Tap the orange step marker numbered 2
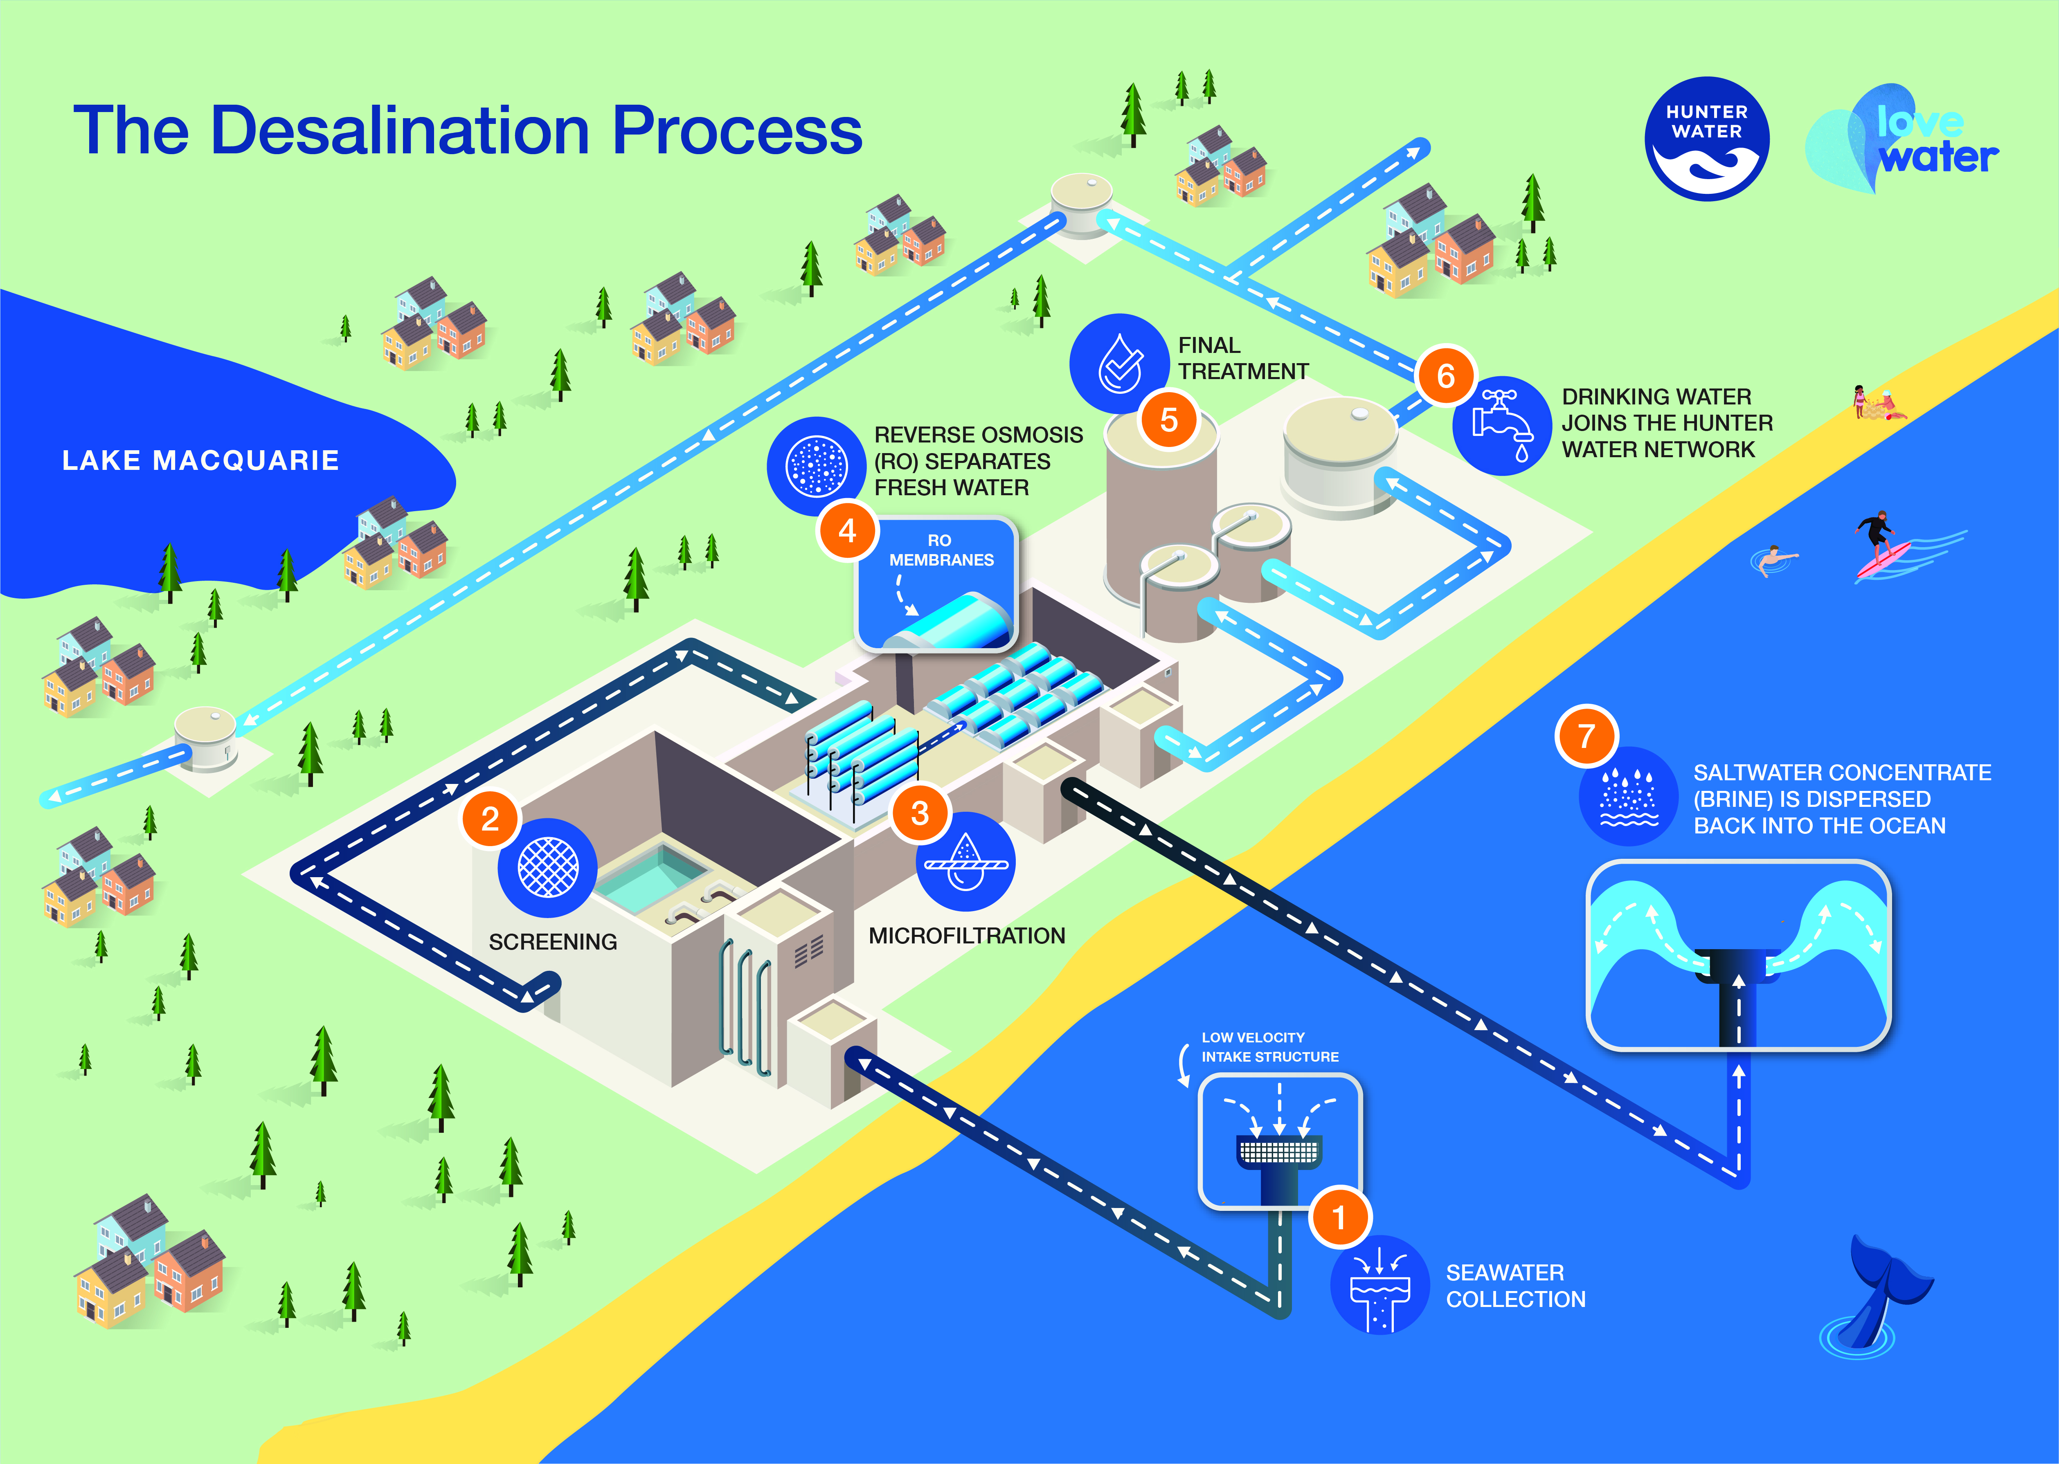490,819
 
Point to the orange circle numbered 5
1169,419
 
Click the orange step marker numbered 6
1445,376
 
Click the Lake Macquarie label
200,460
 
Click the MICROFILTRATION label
967,936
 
